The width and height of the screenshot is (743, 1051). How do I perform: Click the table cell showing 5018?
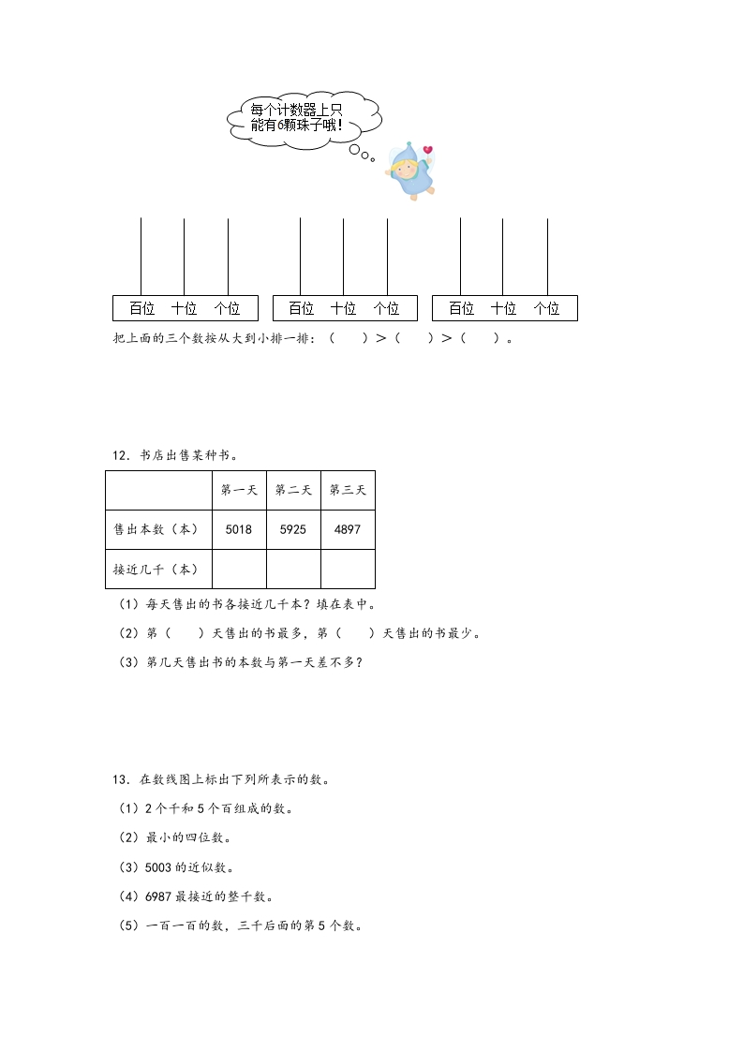coord(239,529)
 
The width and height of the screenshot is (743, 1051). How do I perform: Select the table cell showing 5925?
coord(293,529)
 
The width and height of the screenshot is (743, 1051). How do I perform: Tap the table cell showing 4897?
coord(348,529)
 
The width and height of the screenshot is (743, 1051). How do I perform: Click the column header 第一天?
coord(239,490)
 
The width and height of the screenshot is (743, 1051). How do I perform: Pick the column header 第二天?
coord(293,490)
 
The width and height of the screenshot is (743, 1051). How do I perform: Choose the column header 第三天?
coord(348,490)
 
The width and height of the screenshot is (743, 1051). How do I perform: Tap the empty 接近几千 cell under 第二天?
coord(293,569)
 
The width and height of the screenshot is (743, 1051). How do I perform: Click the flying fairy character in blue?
coord(411,171)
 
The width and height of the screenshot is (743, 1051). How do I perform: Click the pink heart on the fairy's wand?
coord(427,149)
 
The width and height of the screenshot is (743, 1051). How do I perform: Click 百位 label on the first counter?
coord(142,308)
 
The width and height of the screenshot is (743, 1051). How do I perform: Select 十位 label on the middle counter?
coord(344,308)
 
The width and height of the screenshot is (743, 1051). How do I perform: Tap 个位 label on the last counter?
coord(546,308)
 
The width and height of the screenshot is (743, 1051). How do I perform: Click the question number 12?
coord(119,455)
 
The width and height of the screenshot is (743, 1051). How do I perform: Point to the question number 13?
coord(119,778)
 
